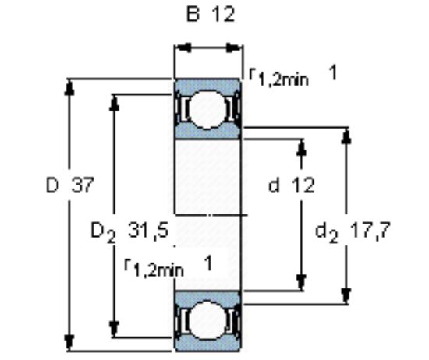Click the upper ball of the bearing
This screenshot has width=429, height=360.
point(207,109)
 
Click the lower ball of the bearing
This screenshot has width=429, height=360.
point(207,320)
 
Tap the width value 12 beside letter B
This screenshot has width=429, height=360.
point(223,14)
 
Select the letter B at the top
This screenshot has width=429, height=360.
point(193,14)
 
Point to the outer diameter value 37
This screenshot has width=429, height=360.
point(83,185)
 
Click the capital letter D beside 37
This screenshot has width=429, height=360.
point(52,185)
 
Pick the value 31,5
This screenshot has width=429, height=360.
point(148,231)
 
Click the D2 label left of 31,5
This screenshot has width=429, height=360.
point(103,232)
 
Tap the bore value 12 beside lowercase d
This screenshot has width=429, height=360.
point(303,185)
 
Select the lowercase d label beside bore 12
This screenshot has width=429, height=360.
point(274,185)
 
